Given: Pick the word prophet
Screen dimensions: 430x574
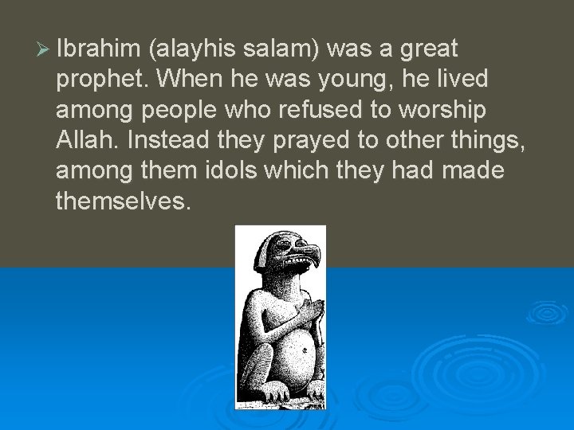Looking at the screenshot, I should pyautogui.click(x=100, y=80).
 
